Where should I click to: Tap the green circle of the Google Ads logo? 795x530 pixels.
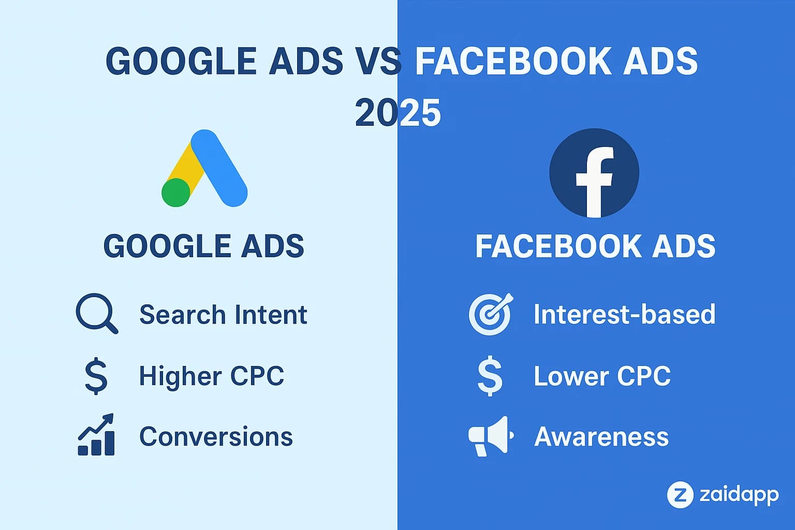(176, 193)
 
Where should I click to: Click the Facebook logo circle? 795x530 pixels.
(594, 173)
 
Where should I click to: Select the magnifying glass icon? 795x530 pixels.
(96, 313)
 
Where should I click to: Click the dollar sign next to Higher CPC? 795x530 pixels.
(96, 376)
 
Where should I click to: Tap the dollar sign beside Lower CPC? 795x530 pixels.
(490, 376)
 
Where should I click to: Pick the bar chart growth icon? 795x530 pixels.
(96, 435)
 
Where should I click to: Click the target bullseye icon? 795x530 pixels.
(490, 314)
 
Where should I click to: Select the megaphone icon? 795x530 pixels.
(490, 436)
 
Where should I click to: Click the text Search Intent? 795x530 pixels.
(223, 315)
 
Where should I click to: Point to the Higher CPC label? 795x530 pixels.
(211, 376)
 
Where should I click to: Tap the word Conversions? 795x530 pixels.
(216, 436)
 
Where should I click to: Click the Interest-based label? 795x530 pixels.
(624, 314)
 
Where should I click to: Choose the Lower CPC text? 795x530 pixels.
(602, 376)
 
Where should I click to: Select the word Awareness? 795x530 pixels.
(601, 436)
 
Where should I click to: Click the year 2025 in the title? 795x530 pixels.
(397, 113)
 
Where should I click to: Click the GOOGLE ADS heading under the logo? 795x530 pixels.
(204, 246)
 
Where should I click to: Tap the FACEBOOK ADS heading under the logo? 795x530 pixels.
(595, 246)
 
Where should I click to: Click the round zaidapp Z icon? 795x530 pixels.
(680, 494)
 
